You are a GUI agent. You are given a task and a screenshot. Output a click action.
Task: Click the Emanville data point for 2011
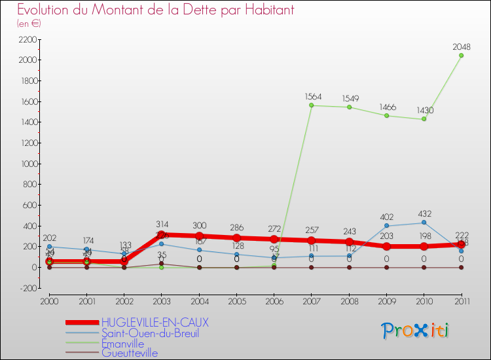461,56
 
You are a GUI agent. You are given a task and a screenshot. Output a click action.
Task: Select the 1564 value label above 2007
314,96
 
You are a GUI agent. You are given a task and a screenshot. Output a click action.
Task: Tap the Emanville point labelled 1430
424,119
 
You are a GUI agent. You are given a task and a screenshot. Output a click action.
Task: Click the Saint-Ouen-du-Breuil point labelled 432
424,223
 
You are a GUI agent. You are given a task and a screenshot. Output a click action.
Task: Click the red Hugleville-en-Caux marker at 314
161,235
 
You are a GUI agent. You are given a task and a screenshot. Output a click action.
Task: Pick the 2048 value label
461,46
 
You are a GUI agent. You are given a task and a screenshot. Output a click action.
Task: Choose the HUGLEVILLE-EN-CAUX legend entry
156,323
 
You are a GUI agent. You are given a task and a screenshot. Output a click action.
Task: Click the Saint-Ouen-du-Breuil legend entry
150,333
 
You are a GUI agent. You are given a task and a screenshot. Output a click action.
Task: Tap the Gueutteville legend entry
129,353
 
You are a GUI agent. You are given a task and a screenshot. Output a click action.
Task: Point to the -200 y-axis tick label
27,288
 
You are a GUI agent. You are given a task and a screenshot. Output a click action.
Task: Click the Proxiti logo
416,331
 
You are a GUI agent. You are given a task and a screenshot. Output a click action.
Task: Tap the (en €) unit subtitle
29,24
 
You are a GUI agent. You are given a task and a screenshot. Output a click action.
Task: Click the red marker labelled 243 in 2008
349,242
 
